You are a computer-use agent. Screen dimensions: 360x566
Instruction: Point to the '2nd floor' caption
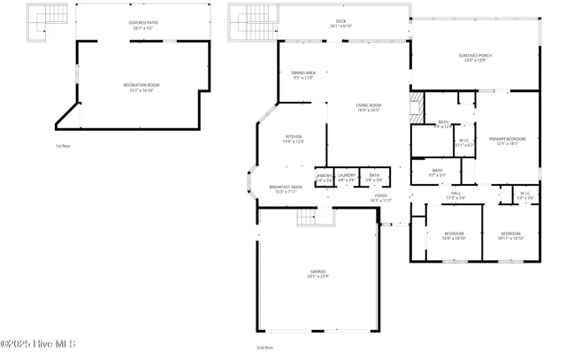point(264,348)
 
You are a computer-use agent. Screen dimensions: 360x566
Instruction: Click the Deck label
point(341,23)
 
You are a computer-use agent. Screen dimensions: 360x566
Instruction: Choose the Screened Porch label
point(475,57)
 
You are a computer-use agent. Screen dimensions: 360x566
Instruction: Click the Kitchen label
point(293,139)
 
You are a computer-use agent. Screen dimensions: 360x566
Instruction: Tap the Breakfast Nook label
point(286,189)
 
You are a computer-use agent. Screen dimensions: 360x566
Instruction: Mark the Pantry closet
point(325,177)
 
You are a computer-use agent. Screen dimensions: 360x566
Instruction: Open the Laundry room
point(346,177)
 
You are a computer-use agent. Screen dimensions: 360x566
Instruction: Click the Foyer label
point(380,198)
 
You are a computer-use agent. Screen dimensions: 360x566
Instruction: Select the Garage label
point(317,273)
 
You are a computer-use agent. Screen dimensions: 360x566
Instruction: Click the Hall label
point(455,195)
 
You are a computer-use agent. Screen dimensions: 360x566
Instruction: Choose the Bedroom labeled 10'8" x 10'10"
point(454,236)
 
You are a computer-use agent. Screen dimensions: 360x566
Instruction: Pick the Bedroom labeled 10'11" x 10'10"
point(510,236)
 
